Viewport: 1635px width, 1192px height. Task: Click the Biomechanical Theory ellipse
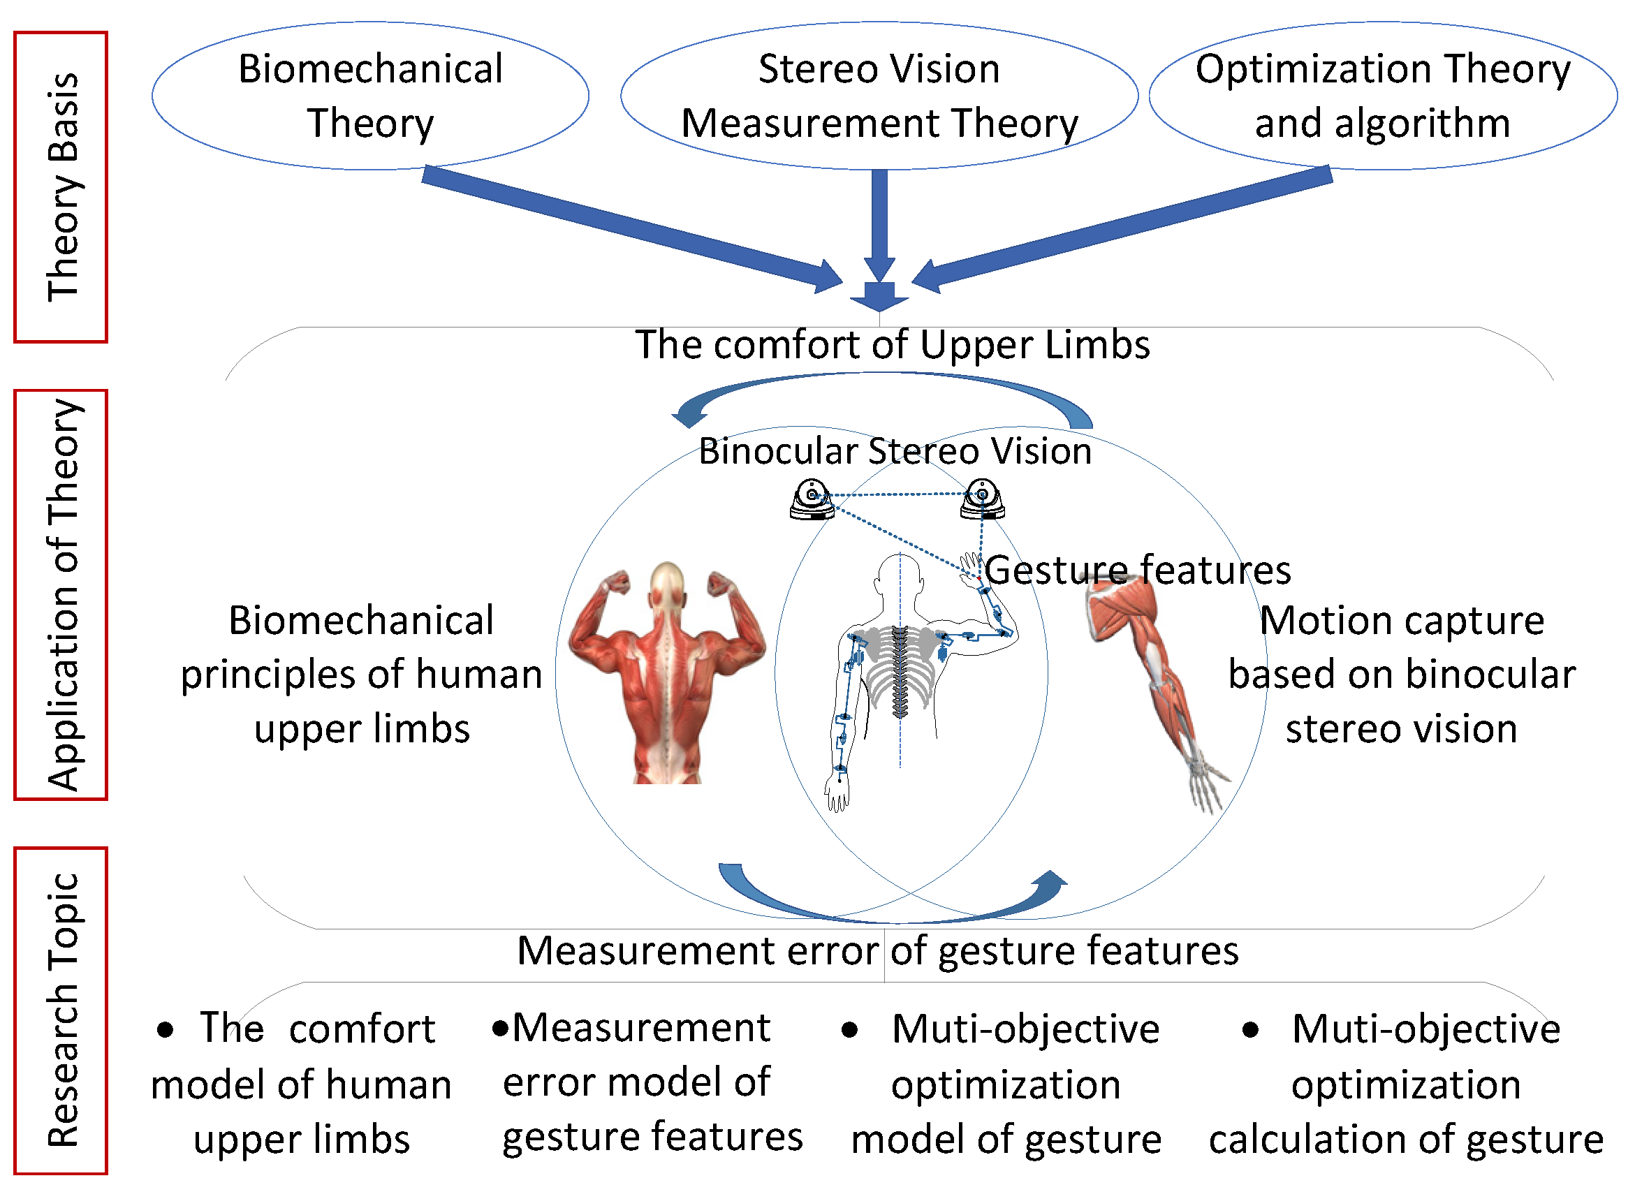pos(370,96)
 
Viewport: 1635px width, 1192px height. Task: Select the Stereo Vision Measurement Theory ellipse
pos(879,96)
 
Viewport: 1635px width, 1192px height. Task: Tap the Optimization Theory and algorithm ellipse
pos(1381,96)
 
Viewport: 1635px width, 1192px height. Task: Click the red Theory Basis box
pos(61,187)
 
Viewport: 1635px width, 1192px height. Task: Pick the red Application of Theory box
pos(61,594)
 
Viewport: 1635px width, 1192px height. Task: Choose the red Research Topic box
pos(61,1010)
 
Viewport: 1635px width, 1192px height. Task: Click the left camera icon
pos(812,499)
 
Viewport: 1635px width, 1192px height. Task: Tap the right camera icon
pos(982,499)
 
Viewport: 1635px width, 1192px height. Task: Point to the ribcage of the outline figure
pos(899,668)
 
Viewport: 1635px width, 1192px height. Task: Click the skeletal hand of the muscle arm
pos(1205,783)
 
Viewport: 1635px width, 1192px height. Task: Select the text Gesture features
pos(1137,571)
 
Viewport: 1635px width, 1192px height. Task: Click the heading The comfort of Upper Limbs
pos(892,345)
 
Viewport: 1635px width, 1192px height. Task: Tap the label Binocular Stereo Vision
pos(895,452)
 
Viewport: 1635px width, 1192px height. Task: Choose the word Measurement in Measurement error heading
pos(648,951)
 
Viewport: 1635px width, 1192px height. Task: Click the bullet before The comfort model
pos(166,1031)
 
